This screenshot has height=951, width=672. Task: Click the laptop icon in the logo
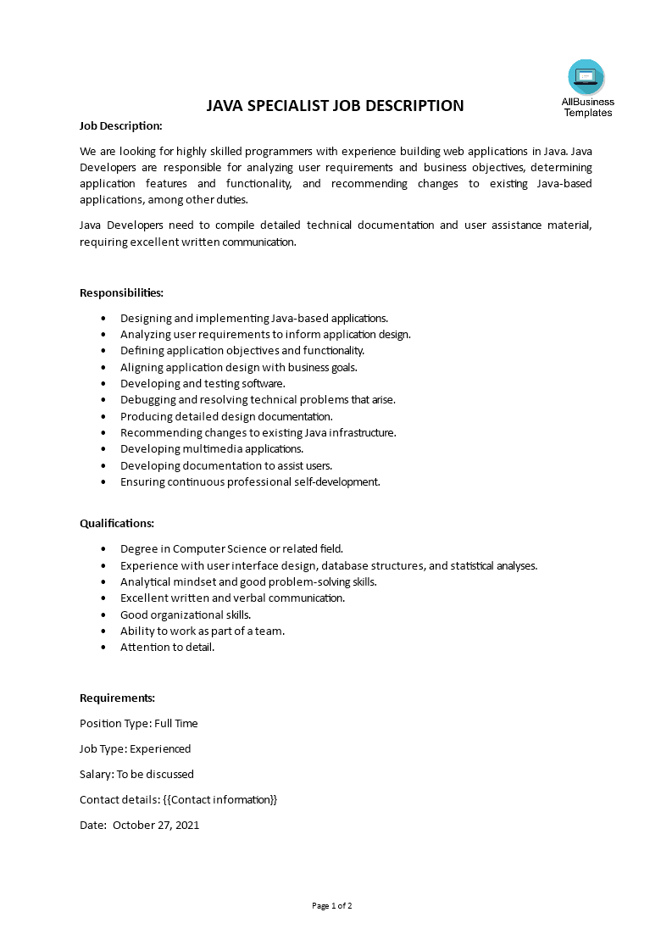pyautogui.click(x=586, y=77)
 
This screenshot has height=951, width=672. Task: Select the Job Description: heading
pyautogui.click(x=120, y=125)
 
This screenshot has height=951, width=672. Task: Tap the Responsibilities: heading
pyautogui.click(x=121, y=292)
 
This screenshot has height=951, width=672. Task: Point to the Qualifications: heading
pyautogui.click(x=117, y=523)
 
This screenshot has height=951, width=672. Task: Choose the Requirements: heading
pyautogui.click(x=117, y=698)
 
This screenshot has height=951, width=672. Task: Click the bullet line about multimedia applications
pyautogui.click(x=212, y=448)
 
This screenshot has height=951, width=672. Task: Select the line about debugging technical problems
pyautogui.click(x=258, y=399)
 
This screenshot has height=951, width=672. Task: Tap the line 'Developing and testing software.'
pyautogui.click(x=203, y=383)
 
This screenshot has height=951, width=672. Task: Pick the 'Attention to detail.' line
pyautogui.click(x=168, y=647)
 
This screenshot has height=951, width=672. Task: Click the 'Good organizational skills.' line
pyautogui.click(x=186, y=615)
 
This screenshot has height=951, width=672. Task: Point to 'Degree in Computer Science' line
pyautogui.click(x=231, y=548)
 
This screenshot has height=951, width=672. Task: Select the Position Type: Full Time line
pyautogui.click(x=139, y=723)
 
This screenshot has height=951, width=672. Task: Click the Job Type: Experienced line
pyautogui.click(x=136, y=748)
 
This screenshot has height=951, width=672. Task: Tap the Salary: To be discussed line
pyautogui.click(x=136, y=774)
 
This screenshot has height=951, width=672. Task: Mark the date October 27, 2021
pyautogui.click(x=156, y=825)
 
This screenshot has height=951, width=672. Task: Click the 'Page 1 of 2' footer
pyautogui.click(x=332, y=905)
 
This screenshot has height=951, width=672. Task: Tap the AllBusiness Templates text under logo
pyautogui.click(x=588, y=107)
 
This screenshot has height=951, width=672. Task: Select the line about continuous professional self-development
pyautogui.click(x=250, y=481)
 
